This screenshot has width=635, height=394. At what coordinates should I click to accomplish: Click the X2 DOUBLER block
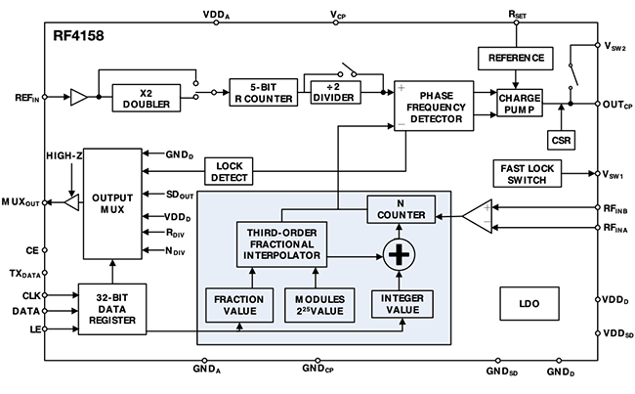[x=147, y=98]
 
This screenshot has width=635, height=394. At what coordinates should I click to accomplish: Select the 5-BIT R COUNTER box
[x=264, y=93]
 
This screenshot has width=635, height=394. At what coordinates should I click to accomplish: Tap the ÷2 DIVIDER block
[x=336, y=93]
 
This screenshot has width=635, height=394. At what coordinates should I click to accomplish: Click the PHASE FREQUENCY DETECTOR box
[x=434, y=106]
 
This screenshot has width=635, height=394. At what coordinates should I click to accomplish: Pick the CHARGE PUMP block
[x=520, y=104]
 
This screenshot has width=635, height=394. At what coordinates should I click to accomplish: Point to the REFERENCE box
[x=516, y=59]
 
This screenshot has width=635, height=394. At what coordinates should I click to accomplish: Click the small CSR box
[x=561, y=140]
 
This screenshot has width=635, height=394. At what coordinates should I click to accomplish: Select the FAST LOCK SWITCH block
[x=528, y=173]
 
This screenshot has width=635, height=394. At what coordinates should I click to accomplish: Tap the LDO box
[x=529, y=304]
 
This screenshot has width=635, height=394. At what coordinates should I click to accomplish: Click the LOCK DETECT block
[x=229, y=171]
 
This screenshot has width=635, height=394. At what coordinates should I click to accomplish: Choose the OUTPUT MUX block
[x=112, y=203]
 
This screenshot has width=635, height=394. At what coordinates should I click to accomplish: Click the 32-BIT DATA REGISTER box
[x=112, y=309]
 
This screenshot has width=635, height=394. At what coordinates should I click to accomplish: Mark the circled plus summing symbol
[x=399, y=255]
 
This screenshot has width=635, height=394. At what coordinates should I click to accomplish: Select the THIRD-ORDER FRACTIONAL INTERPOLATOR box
[x=282, y=244]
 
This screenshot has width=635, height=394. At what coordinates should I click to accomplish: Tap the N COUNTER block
[x=402, y=209]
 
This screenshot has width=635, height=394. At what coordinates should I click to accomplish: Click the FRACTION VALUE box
[x=239, y=305]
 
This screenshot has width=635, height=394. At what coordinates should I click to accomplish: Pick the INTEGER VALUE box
[x=402, y=304]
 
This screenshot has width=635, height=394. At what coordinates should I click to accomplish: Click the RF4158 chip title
[x=78, y=35]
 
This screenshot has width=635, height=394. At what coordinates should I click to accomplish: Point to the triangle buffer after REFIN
[x=79, y=98]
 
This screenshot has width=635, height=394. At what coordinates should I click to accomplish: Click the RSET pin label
[x=517, y=15]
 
